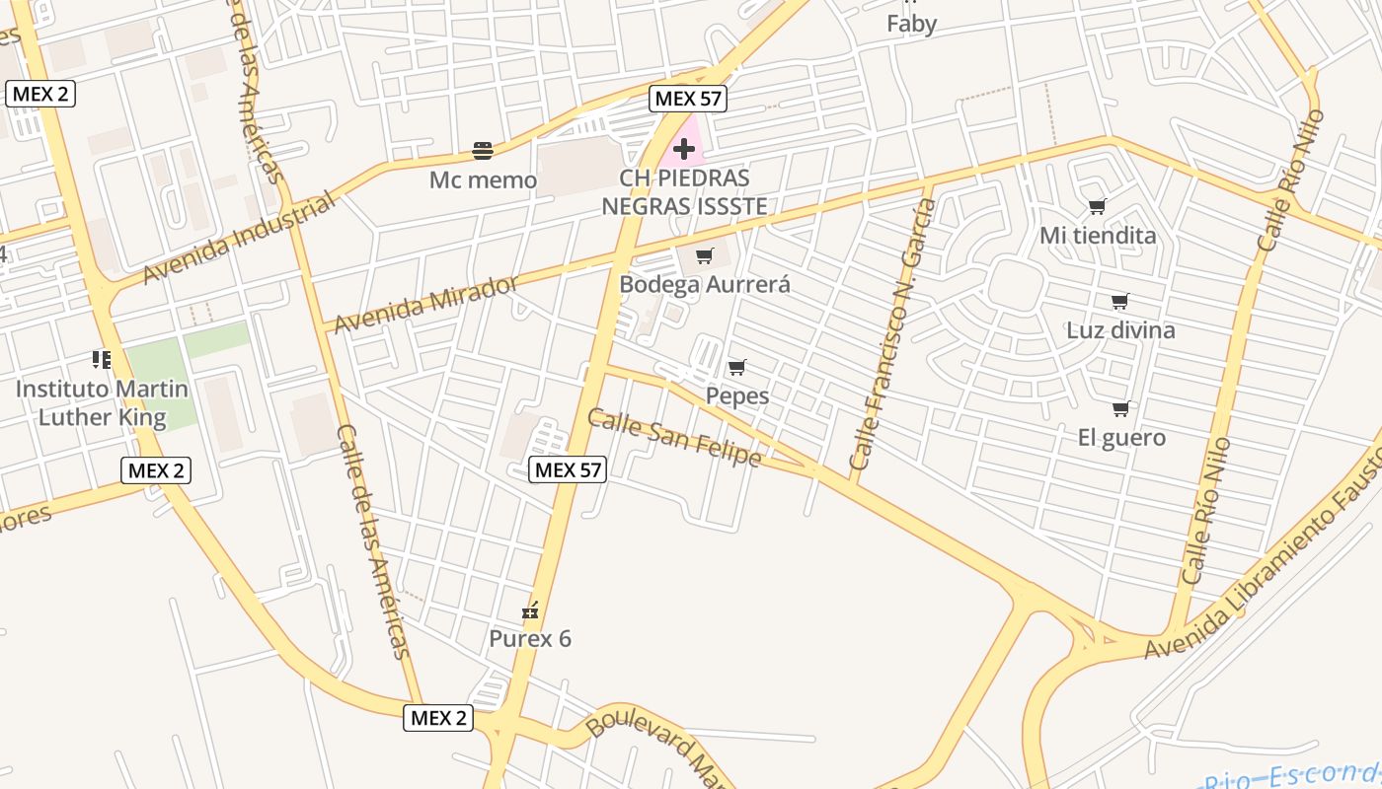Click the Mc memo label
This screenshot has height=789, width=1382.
pos(483,180)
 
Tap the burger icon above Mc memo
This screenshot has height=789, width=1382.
pos(483,151)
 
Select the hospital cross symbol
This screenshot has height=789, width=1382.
pos(684,150)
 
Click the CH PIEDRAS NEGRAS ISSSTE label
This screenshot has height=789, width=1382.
pos(684,192)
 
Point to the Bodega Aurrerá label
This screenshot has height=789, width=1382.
pos(705,285)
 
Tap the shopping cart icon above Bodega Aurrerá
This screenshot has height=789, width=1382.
pos(705,256)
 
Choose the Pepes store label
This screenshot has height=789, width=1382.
pos(736,396)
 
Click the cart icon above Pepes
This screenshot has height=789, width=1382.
pos(736,368)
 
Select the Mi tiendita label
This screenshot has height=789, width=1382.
pos(1097,236)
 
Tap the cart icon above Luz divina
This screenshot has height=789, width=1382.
pos(1119,301)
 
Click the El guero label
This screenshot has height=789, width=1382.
pos(1121,437)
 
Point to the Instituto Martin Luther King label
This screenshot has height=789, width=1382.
pos(102,402)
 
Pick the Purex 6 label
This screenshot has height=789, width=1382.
pos(530,639)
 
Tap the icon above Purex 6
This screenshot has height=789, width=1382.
pos(531,610)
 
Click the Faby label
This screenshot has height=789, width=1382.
pos(911,24)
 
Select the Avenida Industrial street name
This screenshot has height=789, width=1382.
pos(239,240)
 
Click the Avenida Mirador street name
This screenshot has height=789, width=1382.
pos(425,305)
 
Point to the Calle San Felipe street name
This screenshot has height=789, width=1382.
pos(674,438)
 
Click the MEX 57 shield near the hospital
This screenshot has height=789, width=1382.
pos(688,99)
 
